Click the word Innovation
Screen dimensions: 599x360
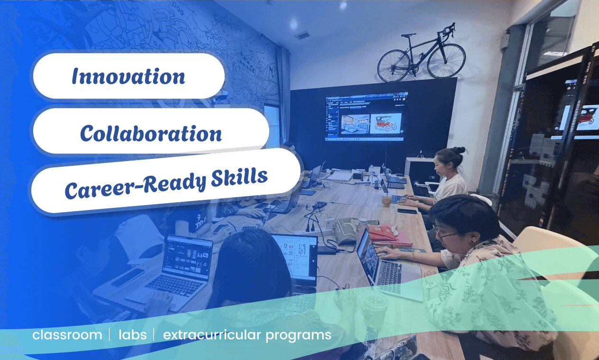128,76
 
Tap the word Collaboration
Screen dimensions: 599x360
151,133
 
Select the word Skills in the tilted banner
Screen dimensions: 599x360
239,177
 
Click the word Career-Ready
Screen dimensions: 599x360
136,186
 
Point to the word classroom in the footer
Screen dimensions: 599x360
67,335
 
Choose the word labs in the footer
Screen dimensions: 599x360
133,335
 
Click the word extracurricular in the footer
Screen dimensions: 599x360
212,335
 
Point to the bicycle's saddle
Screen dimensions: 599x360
408,35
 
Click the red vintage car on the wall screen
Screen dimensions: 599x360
386,124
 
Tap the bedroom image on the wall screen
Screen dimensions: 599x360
355,124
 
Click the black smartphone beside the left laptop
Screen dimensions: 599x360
127,278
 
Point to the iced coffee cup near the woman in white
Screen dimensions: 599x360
386,199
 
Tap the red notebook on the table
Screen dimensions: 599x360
390,236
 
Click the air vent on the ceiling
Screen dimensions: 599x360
302,35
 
